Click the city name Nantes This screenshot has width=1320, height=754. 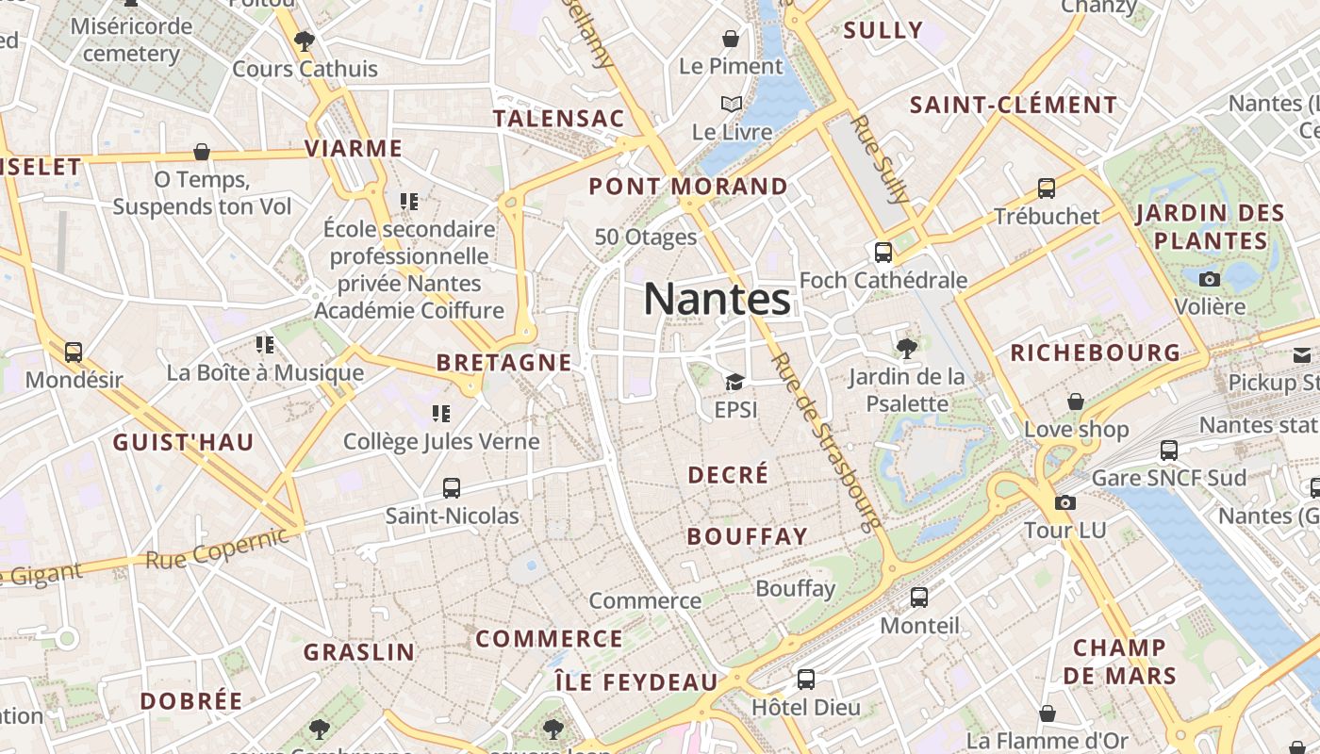tap(717, 300)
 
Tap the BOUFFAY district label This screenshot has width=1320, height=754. tap(748, 536)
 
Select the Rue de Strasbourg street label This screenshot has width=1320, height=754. tap(825, 439)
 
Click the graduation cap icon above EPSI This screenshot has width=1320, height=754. tap(734, 382)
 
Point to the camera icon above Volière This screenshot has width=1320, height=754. tap(1210, 279)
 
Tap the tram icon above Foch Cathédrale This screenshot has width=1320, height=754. tap(883, 253)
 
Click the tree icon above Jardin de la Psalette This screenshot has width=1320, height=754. tap(906, 349)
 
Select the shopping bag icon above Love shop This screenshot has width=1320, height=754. tap(1076, 402)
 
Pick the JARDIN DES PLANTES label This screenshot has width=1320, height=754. tap(1211, 226)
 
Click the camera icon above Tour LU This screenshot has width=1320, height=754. tap(1065, 502)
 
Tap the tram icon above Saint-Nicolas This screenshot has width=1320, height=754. tap(452, 488)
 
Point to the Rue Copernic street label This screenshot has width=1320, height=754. tap(217, 549)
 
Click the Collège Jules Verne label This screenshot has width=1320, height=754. tap(441, 441)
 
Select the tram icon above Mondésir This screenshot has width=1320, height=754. tap(74, 352)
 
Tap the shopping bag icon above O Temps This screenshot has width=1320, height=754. tap(201, 152)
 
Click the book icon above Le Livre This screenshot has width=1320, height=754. tap(732, 104)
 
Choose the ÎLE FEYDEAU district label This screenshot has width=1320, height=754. tap(635, 681)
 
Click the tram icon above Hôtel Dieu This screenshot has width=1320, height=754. tap(805, 680)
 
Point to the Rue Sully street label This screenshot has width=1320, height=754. tap(880, 160)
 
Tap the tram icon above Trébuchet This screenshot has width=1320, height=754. tap(1047, 188)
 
